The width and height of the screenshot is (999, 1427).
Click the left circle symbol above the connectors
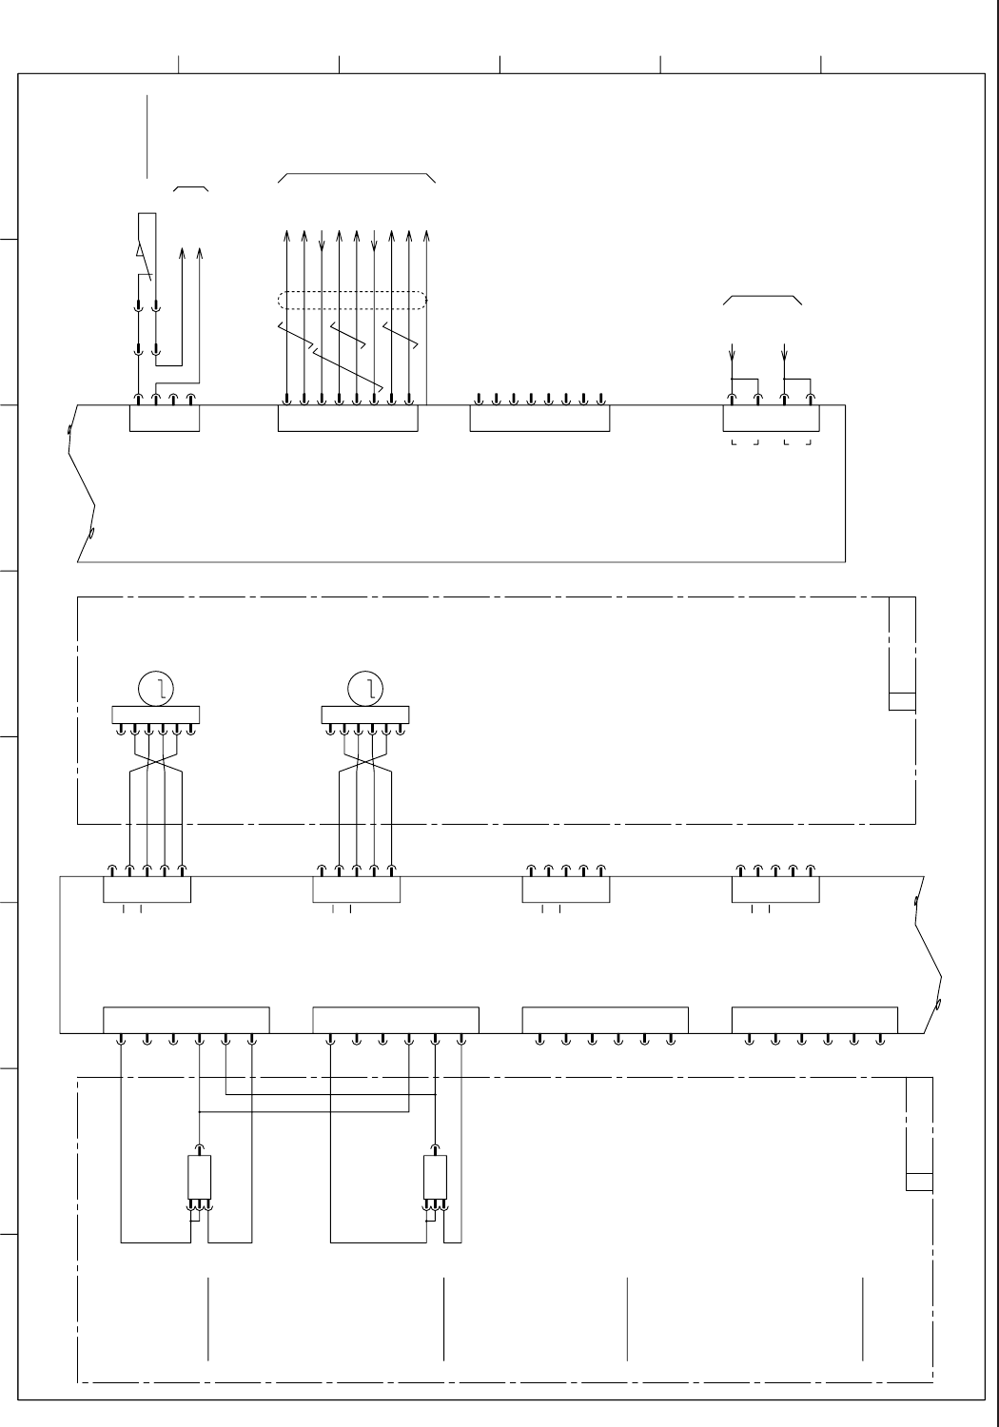pos(154,688)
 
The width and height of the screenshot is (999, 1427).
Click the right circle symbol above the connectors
pos(364,688)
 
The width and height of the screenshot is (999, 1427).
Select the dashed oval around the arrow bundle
pos(351,300)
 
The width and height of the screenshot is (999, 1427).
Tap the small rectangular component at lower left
pos(199,1178)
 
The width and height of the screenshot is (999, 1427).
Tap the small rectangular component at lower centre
pos(435,1178)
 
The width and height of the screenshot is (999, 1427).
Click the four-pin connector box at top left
pos(165,419)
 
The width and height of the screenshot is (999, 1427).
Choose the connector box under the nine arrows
pos(347,419)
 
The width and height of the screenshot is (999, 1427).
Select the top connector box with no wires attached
pos(539,419)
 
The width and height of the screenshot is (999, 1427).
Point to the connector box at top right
pos(771,419)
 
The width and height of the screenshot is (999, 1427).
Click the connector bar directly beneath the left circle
pos(155,715)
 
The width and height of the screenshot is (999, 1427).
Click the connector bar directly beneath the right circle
pos(365,715)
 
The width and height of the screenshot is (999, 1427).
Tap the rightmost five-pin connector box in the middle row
pos(774,889)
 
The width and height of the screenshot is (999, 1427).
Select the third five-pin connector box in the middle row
pos(565,889)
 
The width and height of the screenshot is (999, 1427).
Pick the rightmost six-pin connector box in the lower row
pos(813,1019)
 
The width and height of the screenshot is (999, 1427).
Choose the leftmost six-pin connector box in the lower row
pos(186,1019)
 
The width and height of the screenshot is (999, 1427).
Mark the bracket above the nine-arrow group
pos(357,175)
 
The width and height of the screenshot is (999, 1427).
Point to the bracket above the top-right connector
pos(763,297)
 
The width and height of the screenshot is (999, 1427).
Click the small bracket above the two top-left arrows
pos(191,188)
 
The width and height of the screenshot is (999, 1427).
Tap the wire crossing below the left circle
pos(156,764)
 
